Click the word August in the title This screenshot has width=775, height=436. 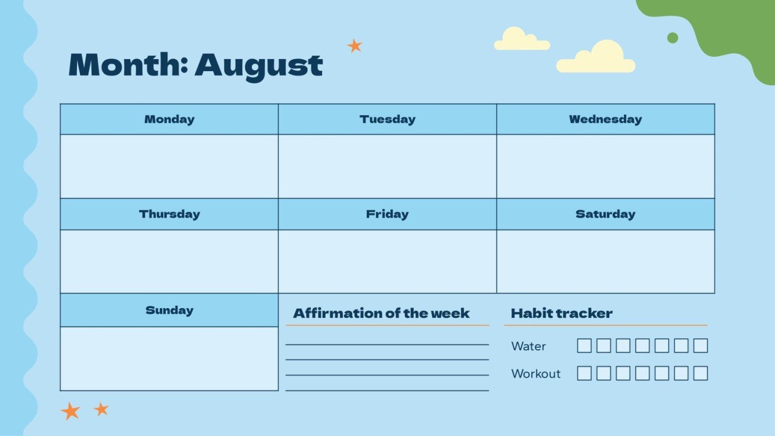pos(258,65)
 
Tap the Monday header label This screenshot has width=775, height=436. pos(169,119)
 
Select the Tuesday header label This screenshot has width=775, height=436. pos(388,119)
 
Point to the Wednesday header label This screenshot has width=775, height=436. pos(605,119)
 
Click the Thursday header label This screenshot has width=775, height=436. pos(169,214)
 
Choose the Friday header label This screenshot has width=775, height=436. pos(388,214)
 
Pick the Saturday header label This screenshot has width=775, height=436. pos(605,214)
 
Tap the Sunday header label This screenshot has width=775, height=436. pos(169,310)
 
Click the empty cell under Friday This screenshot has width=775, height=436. pos(388,261)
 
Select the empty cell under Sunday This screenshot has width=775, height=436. pos(169,358)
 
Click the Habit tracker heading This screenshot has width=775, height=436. pos(561,313)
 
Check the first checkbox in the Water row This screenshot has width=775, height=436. pos(584,346)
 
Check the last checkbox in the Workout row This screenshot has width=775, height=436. pos(700,373)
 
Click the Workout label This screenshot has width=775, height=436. pos(536,373)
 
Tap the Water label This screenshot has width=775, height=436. pos(528,346)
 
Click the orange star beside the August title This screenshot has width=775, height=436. pos(354,46)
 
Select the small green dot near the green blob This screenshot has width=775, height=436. pos(672,38)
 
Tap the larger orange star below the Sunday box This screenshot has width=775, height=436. pos(71,411)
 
